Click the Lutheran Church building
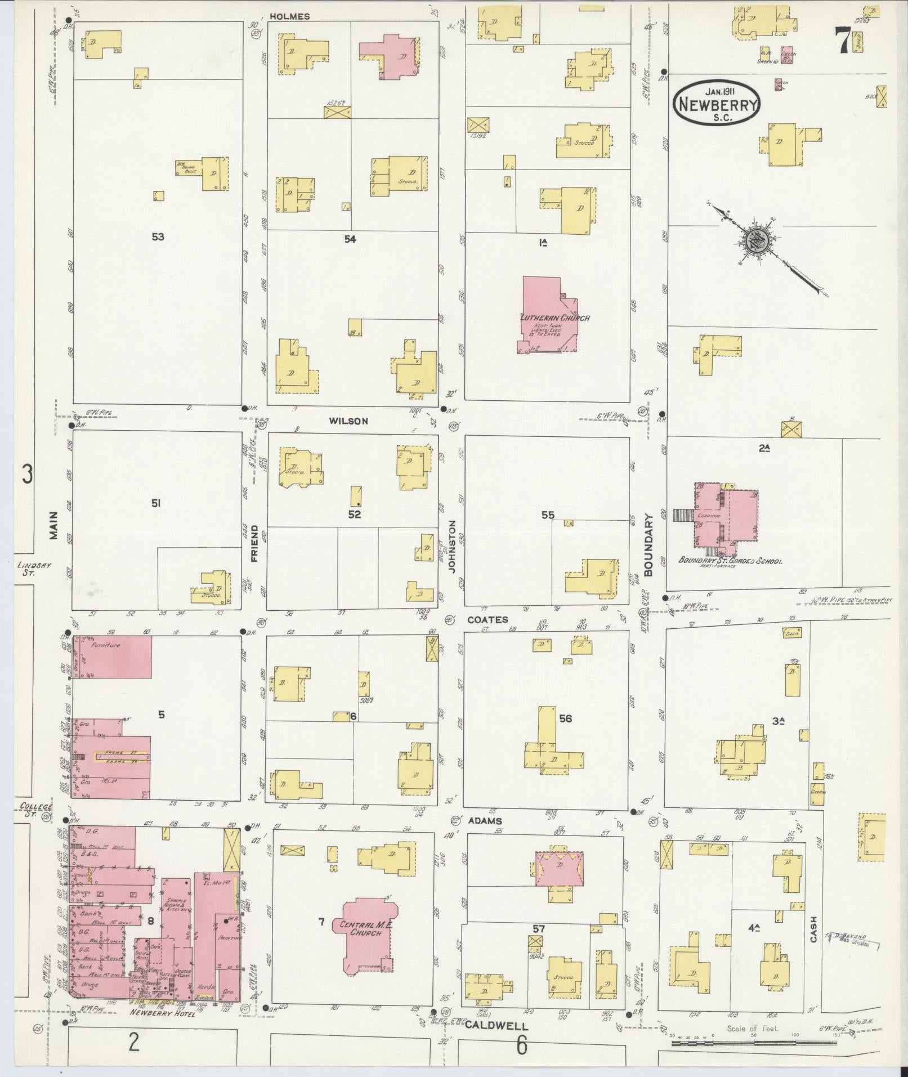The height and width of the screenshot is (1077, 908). tap(549, 315)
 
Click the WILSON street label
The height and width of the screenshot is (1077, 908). tap(348, 421)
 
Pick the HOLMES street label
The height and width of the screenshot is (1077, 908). tap(289, 16)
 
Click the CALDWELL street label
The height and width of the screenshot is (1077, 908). tap(489, 1025)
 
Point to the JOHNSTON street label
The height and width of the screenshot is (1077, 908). tap(451, 546)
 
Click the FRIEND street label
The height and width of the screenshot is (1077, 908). tap(254, 543)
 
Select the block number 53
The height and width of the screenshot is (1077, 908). tap(158, 236)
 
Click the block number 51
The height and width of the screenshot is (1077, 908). tap(156, 503)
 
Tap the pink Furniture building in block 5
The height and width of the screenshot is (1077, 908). tap(112, 657)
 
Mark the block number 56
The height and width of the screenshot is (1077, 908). tap(565, 718)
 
